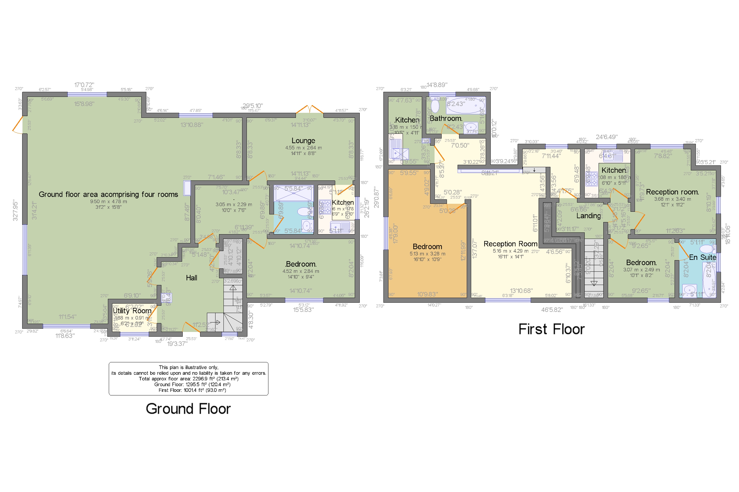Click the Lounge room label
pos(303,141)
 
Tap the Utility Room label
pos(132,311)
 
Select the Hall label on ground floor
pos(191,278)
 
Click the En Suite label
pos(702,257)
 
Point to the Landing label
pos(588,216)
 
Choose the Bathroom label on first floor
pos(446,119)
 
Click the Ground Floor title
pos(188,409)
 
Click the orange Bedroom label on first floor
pos(427,247)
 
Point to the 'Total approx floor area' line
pos(188,379)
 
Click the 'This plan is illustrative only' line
pos(188,367)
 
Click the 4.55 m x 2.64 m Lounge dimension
pos(303,148)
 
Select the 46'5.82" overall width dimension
pos(552,310)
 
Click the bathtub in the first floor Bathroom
pos(466,105)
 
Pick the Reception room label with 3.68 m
pos(672,192)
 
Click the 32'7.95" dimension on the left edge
pos(15,210)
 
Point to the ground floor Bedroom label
pos(301,264)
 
